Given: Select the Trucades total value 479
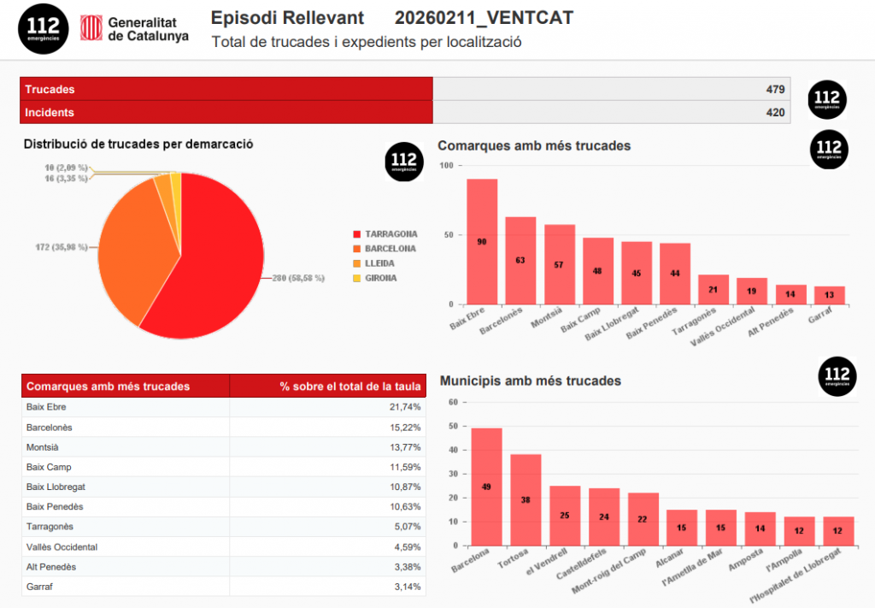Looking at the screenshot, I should point(775,89).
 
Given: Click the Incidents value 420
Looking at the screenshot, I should point(775,112).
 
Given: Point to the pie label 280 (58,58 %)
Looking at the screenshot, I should point(298,279).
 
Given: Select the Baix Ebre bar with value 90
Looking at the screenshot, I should point(482,241).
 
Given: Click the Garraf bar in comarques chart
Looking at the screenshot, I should point(829,295).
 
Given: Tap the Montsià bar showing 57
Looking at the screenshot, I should point(559,264).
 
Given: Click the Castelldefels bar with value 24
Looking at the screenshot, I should point(604,517).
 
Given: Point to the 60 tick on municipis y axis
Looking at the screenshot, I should point(454,402).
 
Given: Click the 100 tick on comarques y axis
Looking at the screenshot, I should point(446,165).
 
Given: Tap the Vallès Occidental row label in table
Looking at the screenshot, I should point(62,546).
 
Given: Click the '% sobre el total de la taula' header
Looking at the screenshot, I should point(350,387).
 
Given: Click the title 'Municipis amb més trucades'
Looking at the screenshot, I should point(530,381).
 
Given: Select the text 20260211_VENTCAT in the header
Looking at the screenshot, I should point(484,18).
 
